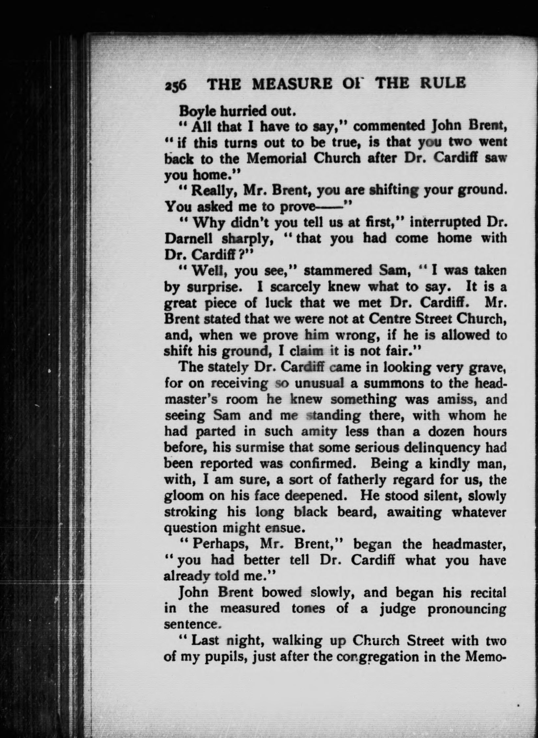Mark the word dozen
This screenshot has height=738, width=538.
440,431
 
